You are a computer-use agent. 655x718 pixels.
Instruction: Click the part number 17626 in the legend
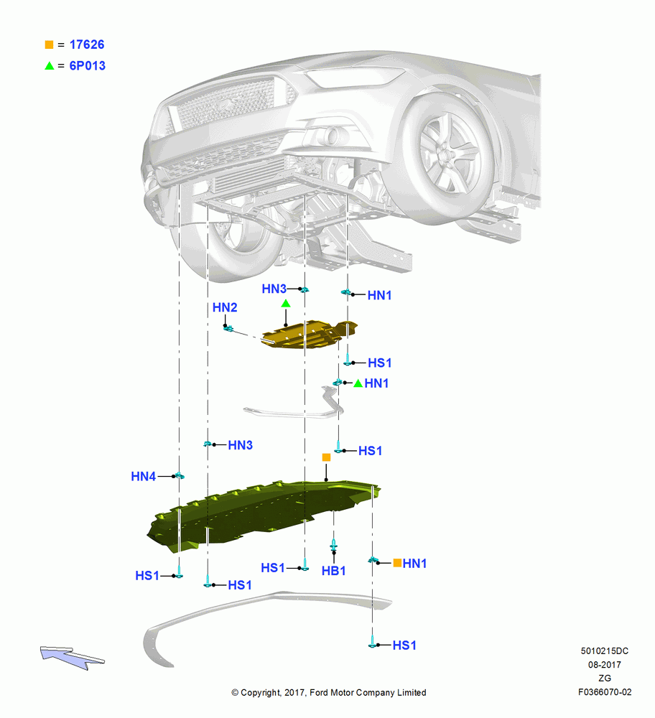87,45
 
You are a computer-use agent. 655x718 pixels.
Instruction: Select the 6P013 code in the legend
87,65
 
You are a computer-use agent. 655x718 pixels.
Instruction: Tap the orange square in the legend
49,45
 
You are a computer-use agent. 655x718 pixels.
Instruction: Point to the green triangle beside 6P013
50,65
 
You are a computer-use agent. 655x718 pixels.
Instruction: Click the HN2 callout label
225,307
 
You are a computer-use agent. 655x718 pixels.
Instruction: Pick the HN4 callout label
144,476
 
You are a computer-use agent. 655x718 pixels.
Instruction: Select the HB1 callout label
333,571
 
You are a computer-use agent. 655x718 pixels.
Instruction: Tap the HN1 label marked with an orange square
414,563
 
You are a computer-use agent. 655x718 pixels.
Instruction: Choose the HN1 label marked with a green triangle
376,383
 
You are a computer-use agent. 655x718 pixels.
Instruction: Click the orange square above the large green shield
326,457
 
